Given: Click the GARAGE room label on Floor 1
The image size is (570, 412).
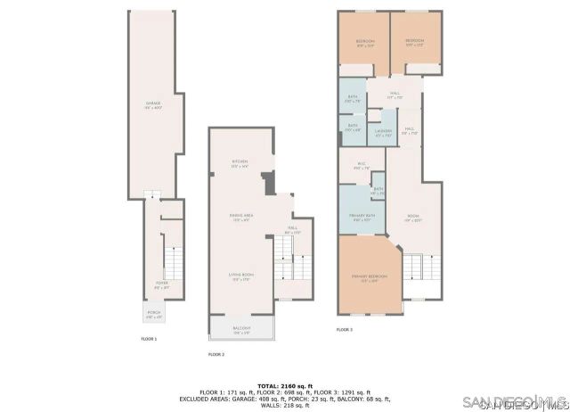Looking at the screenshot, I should [153, 105].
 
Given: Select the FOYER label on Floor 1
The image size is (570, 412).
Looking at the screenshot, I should [161, 285].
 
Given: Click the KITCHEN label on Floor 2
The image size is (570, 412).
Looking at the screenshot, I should [240, 163].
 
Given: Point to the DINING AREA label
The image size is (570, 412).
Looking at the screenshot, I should [240, 216].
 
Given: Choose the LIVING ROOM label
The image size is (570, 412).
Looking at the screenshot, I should [240, 277].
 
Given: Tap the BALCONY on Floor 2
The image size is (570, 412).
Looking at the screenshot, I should [242, 329].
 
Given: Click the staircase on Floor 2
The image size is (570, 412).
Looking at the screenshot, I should [295, 265].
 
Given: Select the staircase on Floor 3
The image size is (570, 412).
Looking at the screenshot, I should [422, 267].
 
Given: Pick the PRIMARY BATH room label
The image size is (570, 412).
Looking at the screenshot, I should [362, 217].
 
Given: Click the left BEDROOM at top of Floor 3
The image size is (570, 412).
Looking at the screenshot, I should [365, 42].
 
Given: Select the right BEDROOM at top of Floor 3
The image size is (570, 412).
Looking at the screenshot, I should [414, 42].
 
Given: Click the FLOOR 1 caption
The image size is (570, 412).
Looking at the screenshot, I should [149, 339].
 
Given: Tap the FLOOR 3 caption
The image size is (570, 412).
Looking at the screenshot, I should [344, 330].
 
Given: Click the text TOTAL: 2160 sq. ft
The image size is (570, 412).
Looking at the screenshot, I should [285, 385].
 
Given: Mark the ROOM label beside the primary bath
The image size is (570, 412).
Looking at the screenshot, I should [413, 217].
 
